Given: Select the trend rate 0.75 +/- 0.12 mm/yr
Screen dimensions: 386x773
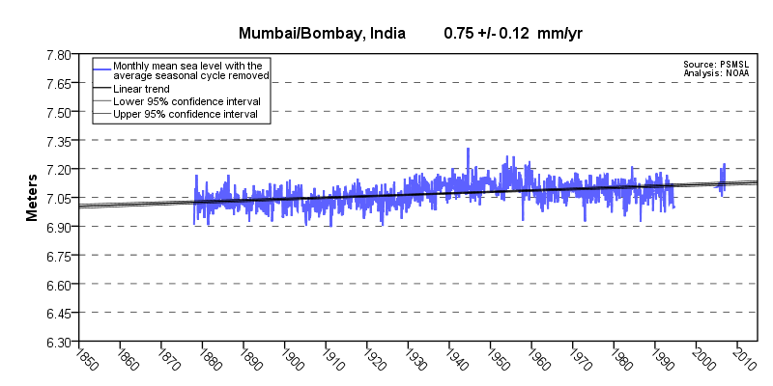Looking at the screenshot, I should point(513,33).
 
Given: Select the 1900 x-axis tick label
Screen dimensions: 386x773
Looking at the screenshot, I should point(289,358).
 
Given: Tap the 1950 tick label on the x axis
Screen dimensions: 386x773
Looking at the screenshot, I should point(495,358).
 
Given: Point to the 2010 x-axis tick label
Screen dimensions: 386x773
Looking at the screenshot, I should point(743,358).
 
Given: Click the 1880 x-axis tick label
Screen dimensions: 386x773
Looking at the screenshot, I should point(206,358).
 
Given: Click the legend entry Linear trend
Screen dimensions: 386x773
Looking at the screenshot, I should point(141,89).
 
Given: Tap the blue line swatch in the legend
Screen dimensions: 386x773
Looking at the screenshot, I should point(102,66).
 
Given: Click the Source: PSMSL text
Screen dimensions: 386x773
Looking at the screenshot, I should point(717,64).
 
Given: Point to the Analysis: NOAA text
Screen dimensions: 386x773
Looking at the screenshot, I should point(717,72).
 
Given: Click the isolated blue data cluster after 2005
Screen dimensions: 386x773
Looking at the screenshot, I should point(722,179).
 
